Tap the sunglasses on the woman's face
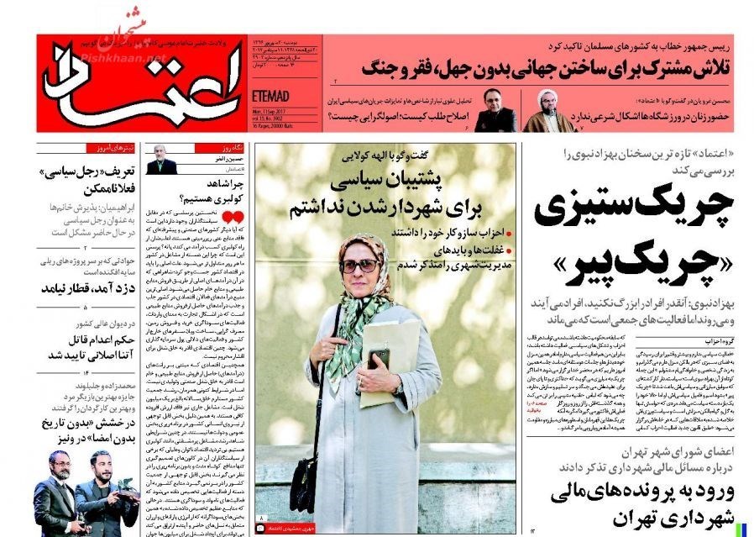pos(360,266)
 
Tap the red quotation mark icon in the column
pos(238,218)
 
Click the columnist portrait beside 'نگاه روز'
pos(162,160)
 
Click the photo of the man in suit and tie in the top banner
pos(496,110)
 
